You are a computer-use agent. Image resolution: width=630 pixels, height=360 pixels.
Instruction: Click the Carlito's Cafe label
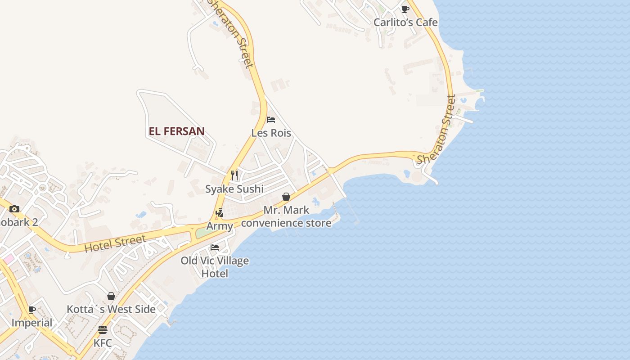click(x=405, y=22)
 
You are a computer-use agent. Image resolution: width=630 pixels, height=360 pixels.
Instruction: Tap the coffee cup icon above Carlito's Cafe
click(x=405, y=9)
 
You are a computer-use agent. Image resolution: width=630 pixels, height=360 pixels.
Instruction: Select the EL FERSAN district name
click(x=176, y=131)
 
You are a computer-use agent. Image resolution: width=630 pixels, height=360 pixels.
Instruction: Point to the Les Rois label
click(x=271, y=133)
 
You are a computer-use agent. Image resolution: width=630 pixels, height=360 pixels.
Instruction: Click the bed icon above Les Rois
click(x=271, y=120)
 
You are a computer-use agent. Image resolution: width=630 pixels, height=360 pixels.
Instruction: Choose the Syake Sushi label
click(x=234, y=189)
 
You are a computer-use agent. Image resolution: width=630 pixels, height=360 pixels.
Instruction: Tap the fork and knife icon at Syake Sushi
click(x=234, y=175)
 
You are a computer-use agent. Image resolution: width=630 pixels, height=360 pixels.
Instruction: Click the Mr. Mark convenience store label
click(x=286, y=216)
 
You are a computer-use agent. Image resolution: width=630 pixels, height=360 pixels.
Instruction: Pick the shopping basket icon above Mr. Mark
click(x=286, y=197)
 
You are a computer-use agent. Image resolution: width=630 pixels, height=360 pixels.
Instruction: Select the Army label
click(x=220, y=226)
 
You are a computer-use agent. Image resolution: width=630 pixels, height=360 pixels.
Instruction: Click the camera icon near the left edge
click(x=14, y=209)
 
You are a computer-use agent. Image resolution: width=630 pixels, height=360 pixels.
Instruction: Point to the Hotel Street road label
click(x=115, y=243)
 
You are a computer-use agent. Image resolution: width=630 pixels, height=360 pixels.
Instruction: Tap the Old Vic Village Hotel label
click(x=215, y=267)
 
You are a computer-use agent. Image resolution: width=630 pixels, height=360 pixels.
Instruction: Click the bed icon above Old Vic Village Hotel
click(x=215, y=247)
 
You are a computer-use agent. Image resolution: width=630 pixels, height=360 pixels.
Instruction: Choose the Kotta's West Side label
click(x=111, y=309)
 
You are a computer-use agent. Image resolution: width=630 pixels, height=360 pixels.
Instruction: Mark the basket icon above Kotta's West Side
click(x=111, y=296)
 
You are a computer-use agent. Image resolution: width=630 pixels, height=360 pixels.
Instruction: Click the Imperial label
click(x=32, y=323)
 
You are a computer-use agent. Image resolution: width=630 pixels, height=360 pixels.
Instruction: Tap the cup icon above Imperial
click(x=32, y=310)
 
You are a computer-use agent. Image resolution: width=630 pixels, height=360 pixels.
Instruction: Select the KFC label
click(x=103, y=343)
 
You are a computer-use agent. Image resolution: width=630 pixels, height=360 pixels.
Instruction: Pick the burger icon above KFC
click(x=103, y=330)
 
